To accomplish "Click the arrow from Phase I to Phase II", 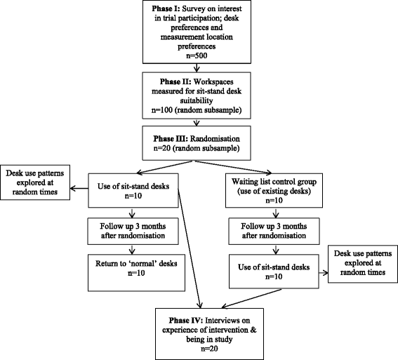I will pos(199,67).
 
